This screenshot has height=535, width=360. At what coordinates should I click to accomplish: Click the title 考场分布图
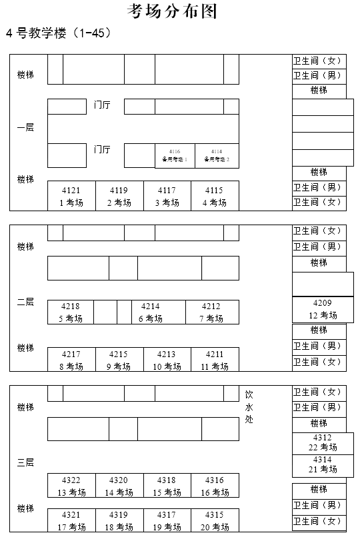172,11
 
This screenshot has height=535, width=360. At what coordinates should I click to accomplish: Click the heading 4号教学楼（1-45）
58,33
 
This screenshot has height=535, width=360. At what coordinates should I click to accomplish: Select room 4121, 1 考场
71,196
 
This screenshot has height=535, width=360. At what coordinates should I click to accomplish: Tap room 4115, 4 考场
214,196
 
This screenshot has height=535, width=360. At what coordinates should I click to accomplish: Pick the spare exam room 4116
175,155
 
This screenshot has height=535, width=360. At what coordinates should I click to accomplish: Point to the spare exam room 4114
217,155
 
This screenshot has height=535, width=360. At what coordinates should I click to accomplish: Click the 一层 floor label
25,127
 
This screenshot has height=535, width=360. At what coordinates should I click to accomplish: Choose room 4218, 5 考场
70,312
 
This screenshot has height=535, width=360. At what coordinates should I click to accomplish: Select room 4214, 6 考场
151,312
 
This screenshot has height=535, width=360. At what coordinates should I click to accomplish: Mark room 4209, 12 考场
323,309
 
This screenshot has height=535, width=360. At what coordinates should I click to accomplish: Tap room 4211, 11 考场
215,360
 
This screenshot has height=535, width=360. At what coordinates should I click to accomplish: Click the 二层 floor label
25,302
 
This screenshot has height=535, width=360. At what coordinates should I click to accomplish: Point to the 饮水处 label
249,407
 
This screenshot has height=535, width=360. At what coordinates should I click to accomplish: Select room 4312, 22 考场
323,442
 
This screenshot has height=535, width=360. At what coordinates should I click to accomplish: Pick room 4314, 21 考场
323,464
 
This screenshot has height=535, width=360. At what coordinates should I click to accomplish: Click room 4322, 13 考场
71,486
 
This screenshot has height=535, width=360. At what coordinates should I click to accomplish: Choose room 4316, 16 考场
215,486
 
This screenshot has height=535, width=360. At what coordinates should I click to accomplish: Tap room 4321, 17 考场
71,520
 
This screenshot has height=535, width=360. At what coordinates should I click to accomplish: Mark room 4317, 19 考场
167,520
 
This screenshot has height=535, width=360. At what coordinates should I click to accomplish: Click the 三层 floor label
25,462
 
